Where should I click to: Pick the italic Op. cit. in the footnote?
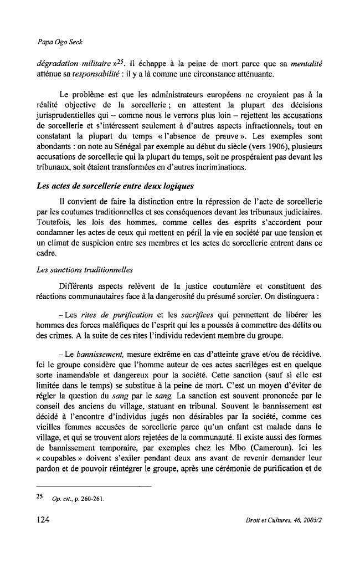[61, 498]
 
